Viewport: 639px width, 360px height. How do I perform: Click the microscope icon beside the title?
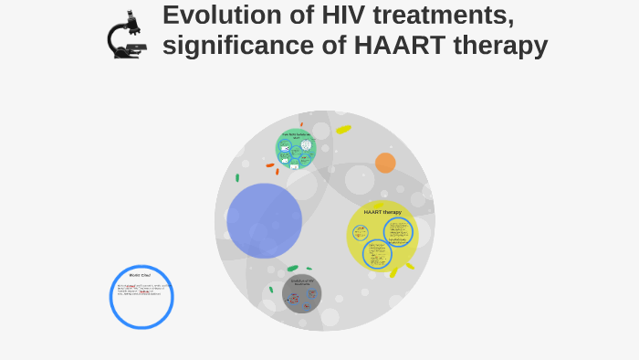[x=126, y=35]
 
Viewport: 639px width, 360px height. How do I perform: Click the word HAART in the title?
[x=392, y=45]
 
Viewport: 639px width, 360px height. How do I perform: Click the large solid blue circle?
[x=264, y=220]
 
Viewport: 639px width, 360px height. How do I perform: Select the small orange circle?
[x=385, y=163]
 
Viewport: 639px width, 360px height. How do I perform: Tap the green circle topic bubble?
[x=296, y=149]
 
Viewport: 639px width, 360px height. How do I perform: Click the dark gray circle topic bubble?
[x=301, y=293]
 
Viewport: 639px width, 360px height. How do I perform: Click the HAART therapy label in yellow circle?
[x=382, y=212]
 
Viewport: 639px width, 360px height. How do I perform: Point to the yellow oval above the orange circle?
[x=343, y=130]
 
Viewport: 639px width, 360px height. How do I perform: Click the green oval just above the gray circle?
[x=292, y=269]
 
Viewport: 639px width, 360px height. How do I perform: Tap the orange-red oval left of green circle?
[x=269, y=165]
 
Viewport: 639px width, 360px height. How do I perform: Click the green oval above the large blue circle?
[x=237, y=178]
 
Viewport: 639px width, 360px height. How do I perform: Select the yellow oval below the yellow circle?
[x=393, y=271]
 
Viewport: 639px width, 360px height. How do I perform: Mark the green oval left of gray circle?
[x=271, y=290]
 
